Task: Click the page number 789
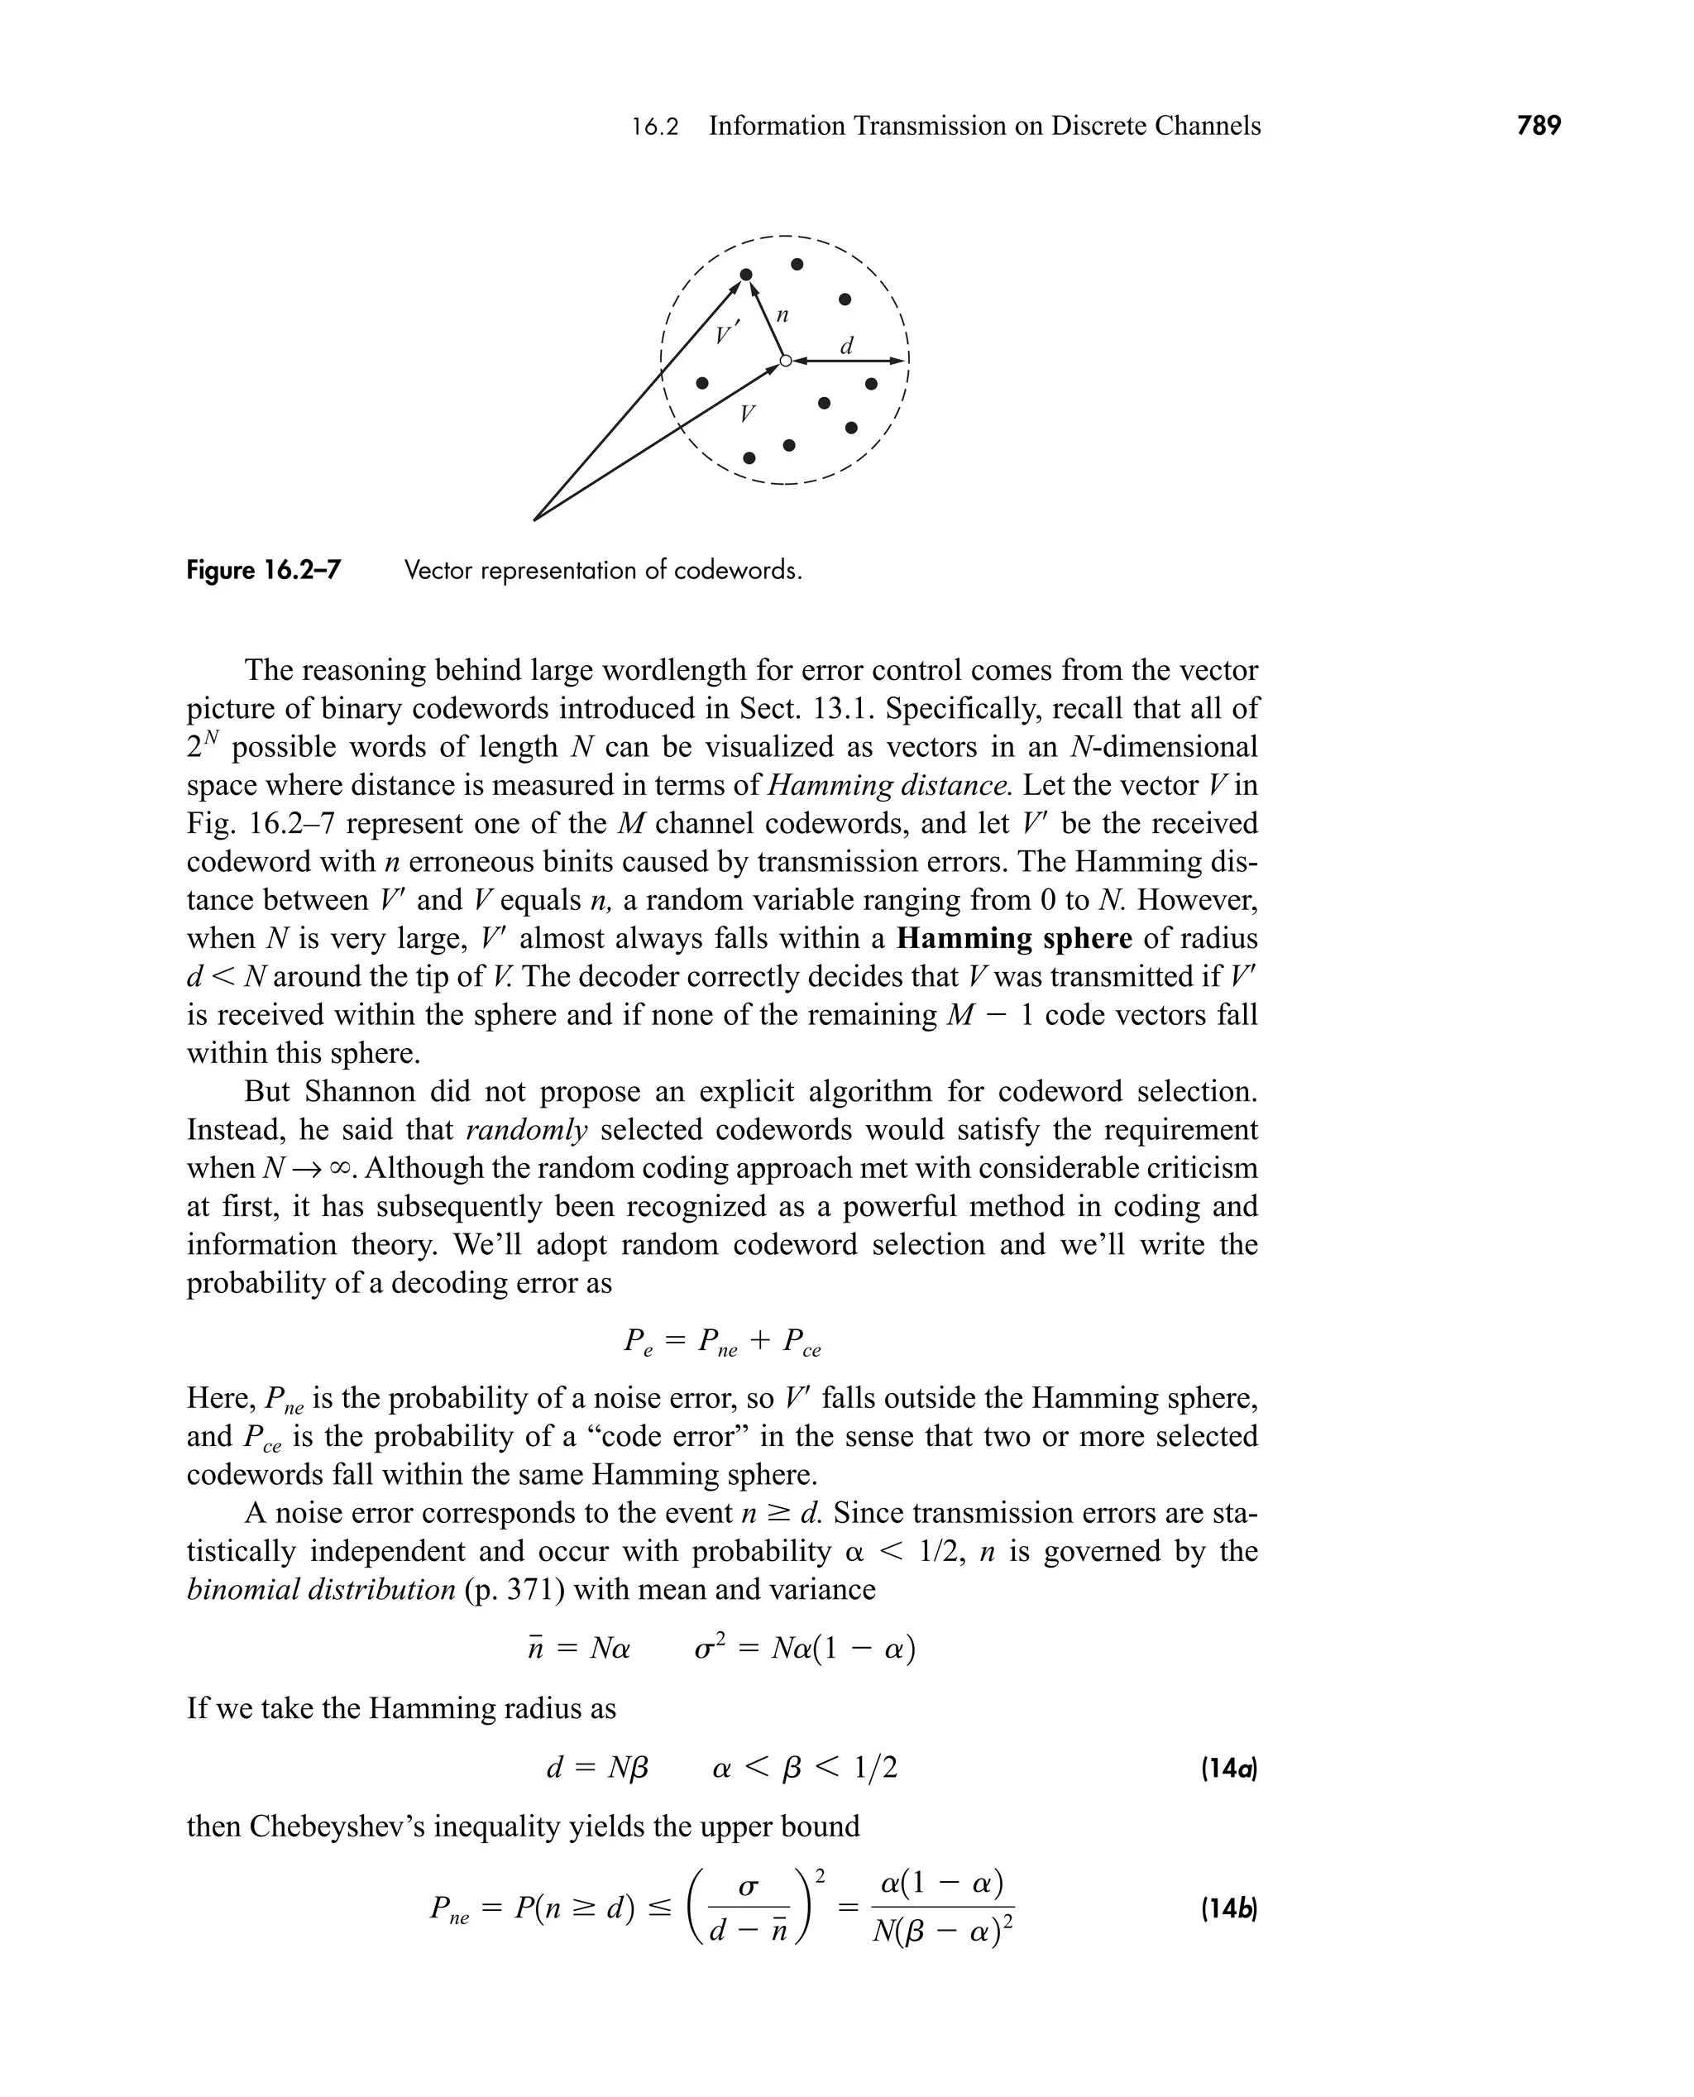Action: pyautogui.click(x=1538, y=126)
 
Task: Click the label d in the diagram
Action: pyautogui.click(x=847, y=346)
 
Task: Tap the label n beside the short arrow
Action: pyautogui.click(x=782, y=315)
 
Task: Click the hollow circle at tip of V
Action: pyautogui.click(x=786, y=361)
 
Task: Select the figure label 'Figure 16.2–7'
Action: pyautogui.click(x=264, y=571)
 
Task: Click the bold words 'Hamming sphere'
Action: pyautogui.click(x=1014, y=939)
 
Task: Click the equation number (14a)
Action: pyautogui.click(x=1227, y=1768)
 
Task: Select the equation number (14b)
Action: pyautogui.click(x=1227, y=1908)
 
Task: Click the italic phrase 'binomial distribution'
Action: pyautogui.click(x=321, y=1590)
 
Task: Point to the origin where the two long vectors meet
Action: pyautogui.click(x=534, y=520)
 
